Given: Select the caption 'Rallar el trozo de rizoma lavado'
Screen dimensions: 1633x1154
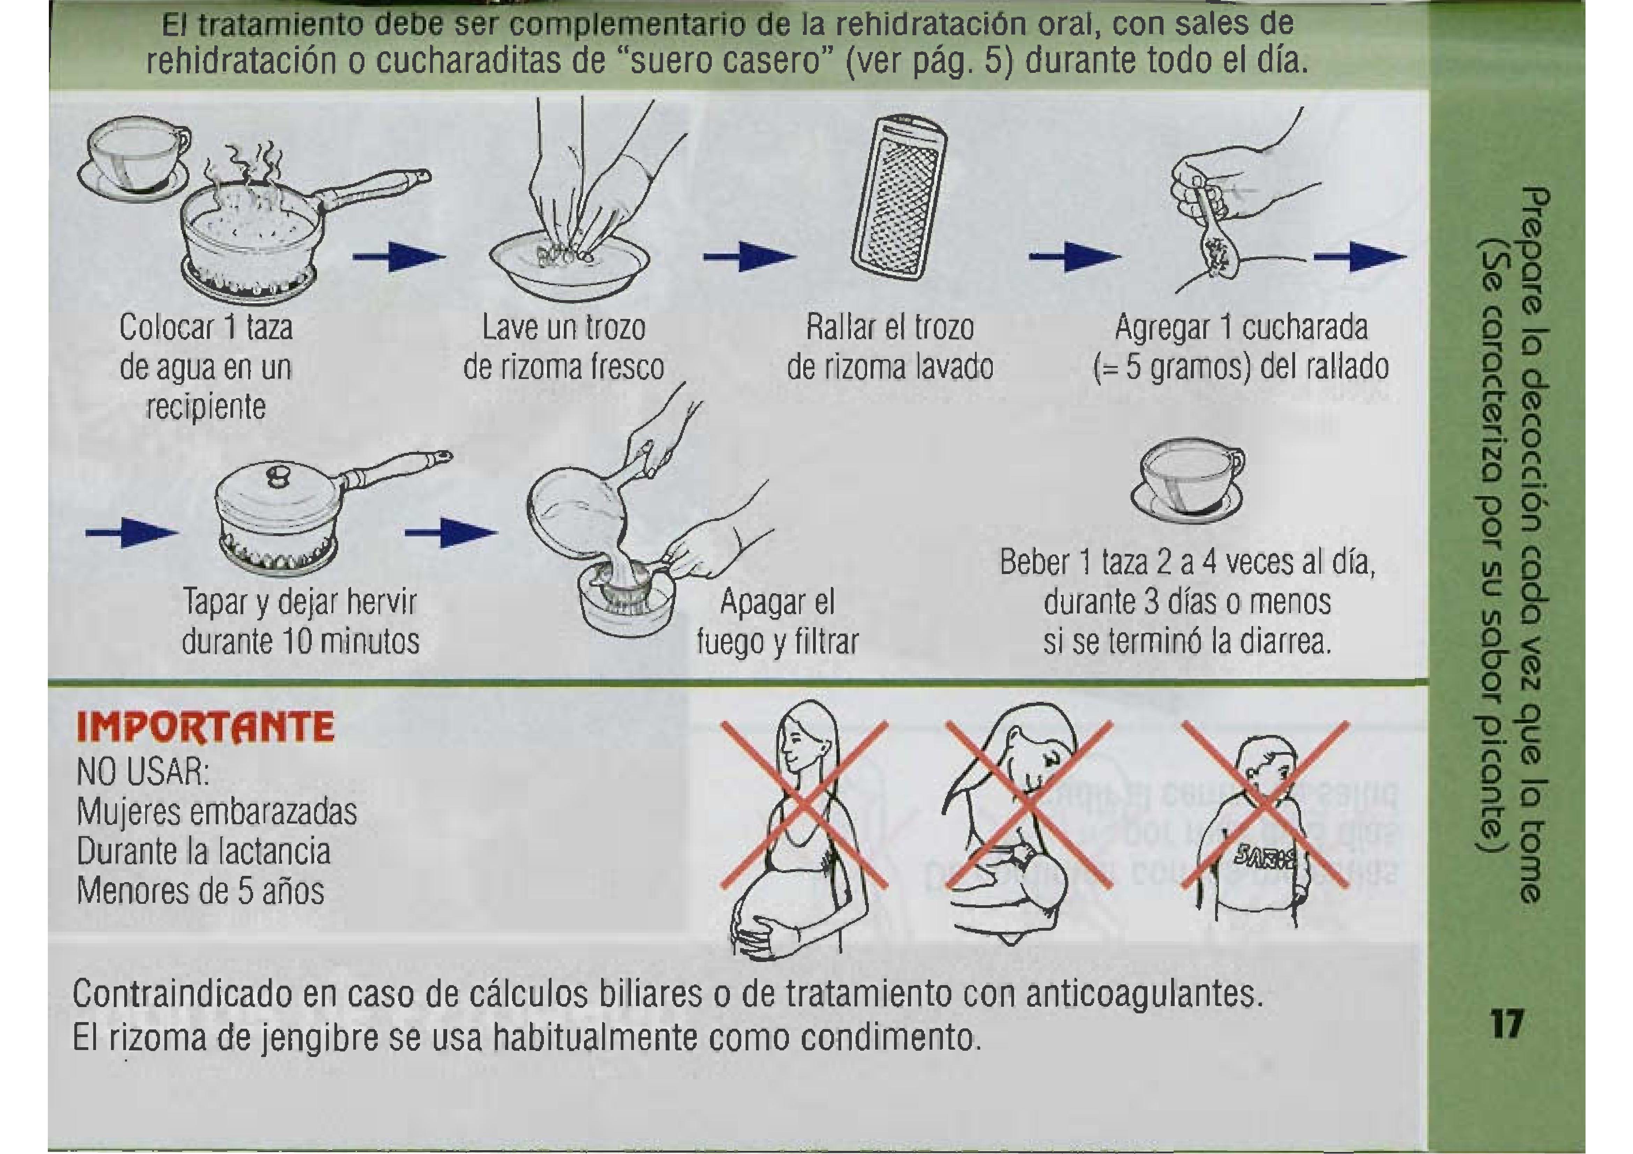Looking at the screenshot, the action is coord(891,348).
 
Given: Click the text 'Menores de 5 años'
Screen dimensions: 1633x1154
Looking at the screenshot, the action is coord(201,890).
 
